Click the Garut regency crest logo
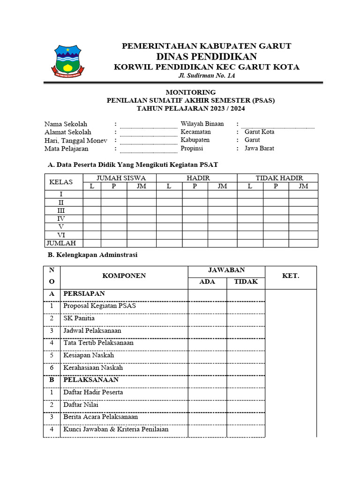[68, 60]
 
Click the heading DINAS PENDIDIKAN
[206, 57]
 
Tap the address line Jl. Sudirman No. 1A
[206, 76]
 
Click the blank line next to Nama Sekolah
[149, 125]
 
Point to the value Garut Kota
[259, 132]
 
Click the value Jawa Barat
[259, 148]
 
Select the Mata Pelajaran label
[66, 149]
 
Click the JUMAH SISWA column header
[121, 178]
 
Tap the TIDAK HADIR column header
[279, 178]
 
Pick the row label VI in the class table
[61, 235]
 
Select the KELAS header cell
[63, 182]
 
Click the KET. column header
[291, 276]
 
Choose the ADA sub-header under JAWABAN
[207, 282]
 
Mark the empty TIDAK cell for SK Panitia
[246, 318]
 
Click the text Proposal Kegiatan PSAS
[99, 306]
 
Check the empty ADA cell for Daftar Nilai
[207, 404]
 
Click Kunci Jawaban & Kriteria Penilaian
[116, 429]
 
